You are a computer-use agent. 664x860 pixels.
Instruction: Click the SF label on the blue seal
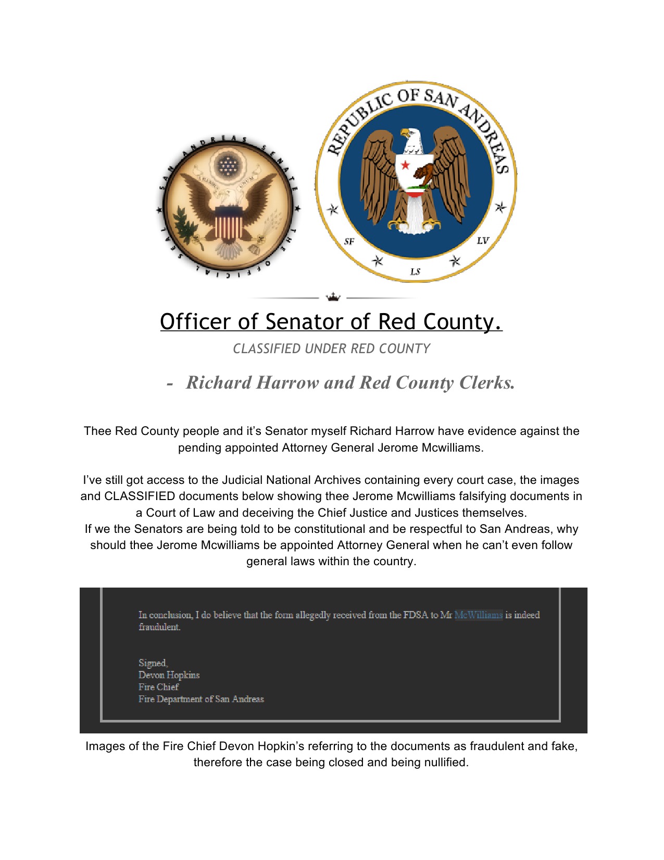tap(349, 241)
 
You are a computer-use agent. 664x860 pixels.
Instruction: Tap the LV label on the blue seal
tap(483, 240)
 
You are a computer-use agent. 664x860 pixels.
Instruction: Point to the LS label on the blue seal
tap(415, 271)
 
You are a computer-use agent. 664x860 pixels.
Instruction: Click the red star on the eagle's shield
tap(405, 165)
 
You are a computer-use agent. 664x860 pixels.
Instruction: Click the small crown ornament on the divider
tap(333, 297)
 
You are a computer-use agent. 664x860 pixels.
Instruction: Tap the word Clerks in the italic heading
tap(486, 382)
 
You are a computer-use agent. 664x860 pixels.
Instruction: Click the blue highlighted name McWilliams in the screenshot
tap(478, 615)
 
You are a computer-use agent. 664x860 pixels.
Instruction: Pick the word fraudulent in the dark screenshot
tap(159, 627)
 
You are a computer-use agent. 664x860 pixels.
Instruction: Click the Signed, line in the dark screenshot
tap(153, 663)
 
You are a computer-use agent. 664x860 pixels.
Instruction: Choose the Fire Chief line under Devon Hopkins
tap(158, 687)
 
